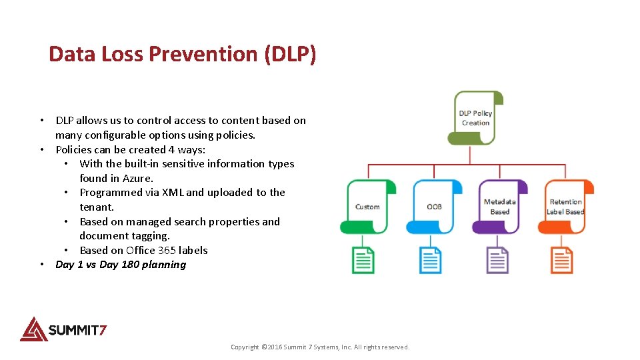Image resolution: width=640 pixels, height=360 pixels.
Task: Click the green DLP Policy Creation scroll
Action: click(475, 118)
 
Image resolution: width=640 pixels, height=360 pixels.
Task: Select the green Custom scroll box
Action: click(367, 207)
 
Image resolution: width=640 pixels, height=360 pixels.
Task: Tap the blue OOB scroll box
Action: click(434, 207)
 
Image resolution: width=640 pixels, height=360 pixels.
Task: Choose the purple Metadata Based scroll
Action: click(499, 207)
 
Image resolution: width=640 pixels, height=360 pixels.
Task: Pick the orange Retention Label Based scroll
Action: click(565, 207)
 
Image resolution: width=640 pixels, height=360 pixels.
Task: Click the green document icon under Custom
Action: click(363, 260)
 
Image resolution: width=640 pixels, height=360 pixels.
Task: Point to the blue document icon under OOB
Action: click(430, 260)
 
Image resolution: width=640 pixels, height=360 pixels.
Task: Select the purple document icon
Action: click(497, 260)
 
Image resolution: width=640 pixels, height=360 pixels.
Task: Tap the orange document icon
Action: click(562, 260)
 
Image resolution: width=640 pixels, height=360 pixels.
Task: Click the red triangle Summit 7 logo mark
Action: click(33, 329)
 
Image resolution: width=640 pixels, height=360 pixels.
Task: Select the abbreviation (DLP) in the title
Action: click(290, 54)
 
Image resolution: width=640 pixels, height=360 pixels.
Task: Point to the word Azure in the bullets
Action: click(137, 178)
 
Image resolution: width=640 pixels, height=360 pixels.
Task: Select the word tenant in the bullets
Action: click(95, 207)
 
